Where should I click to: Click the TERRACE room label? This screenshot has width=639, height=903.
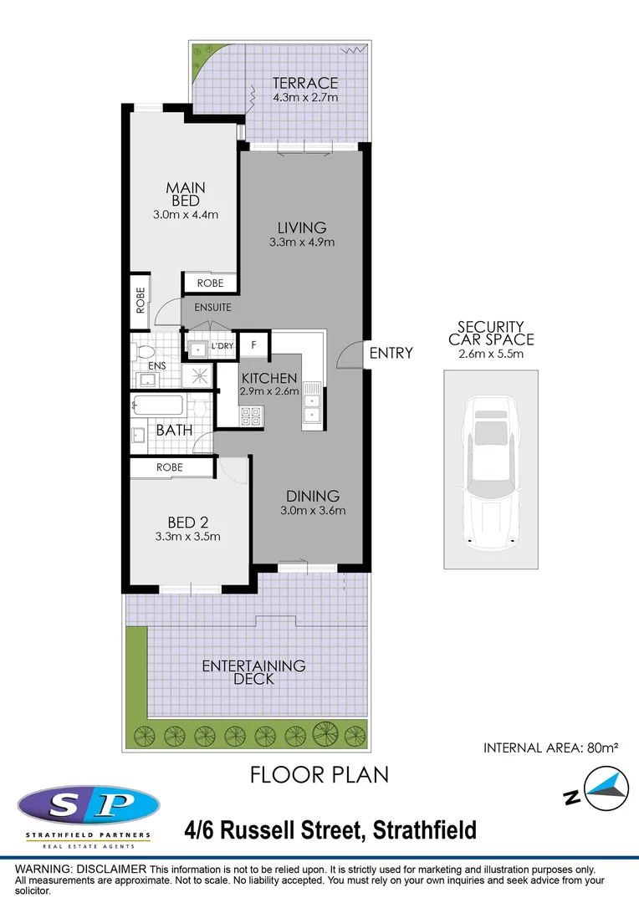[x=304, y=83]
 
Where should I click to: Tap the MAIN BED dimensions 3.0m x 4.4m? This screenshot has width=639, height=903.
[x=186, y=215]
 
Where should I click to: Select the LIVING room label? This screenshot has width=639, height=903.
[x=302, y=227]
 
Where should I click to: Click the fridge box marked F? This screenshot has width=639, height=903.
[x=254, y=345]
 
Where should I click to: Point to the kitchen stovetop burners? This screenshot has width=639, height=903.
[x=252, y=416]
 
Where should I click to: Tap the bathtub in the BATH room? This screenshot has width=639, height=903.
[x=157, y=405]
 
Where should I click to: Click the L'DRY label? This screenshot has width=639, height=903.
[x=222, y=346]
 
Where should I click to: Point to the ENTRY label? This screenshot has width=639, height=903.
[x=391, y=353]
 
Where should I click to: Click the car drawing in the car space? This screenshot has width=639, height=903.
[x=491, y=472]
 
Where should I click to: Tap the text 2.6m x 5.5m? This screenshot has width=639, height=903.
[x=491, y=354]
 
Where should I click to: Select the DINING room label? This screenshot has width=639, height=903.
[x=313, y=496]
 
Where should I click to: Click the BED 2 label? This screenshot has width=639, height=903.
[x=188, y=523]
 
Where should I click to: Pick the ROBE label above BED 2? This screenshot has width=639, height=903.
[x=170, y=467]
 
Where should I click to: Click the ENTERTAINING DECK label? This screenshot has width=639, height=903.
[x=253, y=672]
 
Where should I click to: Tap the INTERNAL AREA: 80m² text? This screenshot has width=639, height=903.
[x=551, y=747]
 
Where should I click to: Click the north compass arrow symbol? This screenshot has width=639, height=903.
[x=606, y=788]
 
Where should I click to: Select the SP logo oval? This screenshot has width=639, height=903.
[x=89, y=805]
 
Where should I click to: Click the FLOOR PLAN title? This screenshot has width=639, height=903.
[x=319, y=775]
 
